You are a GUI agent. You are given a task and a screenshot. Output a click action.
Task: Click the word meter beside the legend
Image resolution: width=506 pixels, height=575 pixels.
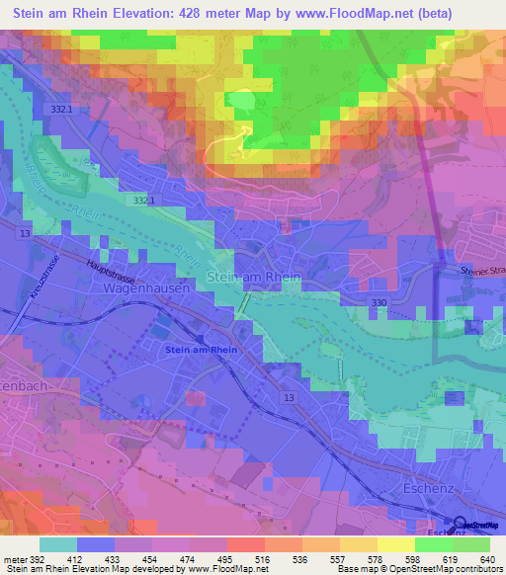[16, 558]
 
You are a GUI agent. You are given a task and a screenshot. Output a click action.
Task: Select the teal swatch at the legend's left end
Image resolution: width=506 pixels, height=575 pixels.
[58, 544]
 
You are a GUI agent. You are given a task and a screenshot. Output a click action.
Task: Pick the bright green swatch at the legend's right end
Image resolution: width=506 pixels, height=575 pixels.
[471, 544]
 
